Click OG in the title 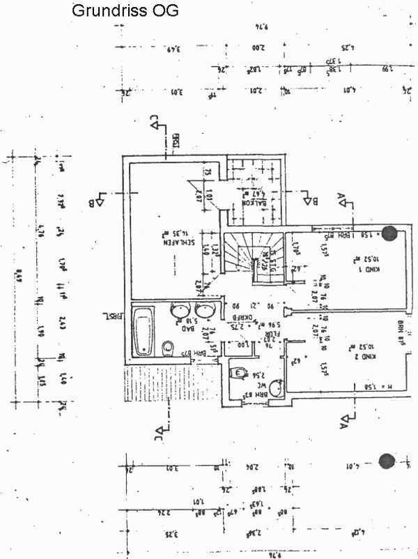coord(168,12)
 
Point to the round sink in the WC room coord(277,387)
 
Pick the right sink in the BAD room coord(206,310)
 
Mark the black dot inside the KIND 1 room coord(391,233)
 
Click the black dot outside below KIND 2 coord(386,460)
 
